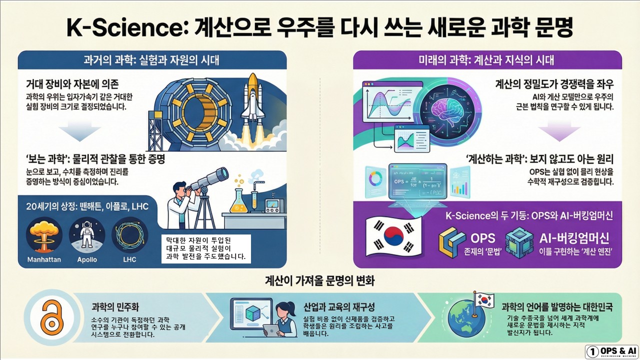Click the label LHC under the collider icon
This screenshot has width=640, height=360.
point(129,260)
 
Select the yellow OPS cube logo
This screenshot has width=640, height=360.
point(452,242)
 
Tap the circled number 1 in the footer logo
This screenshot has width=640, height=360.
point(593,352)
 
